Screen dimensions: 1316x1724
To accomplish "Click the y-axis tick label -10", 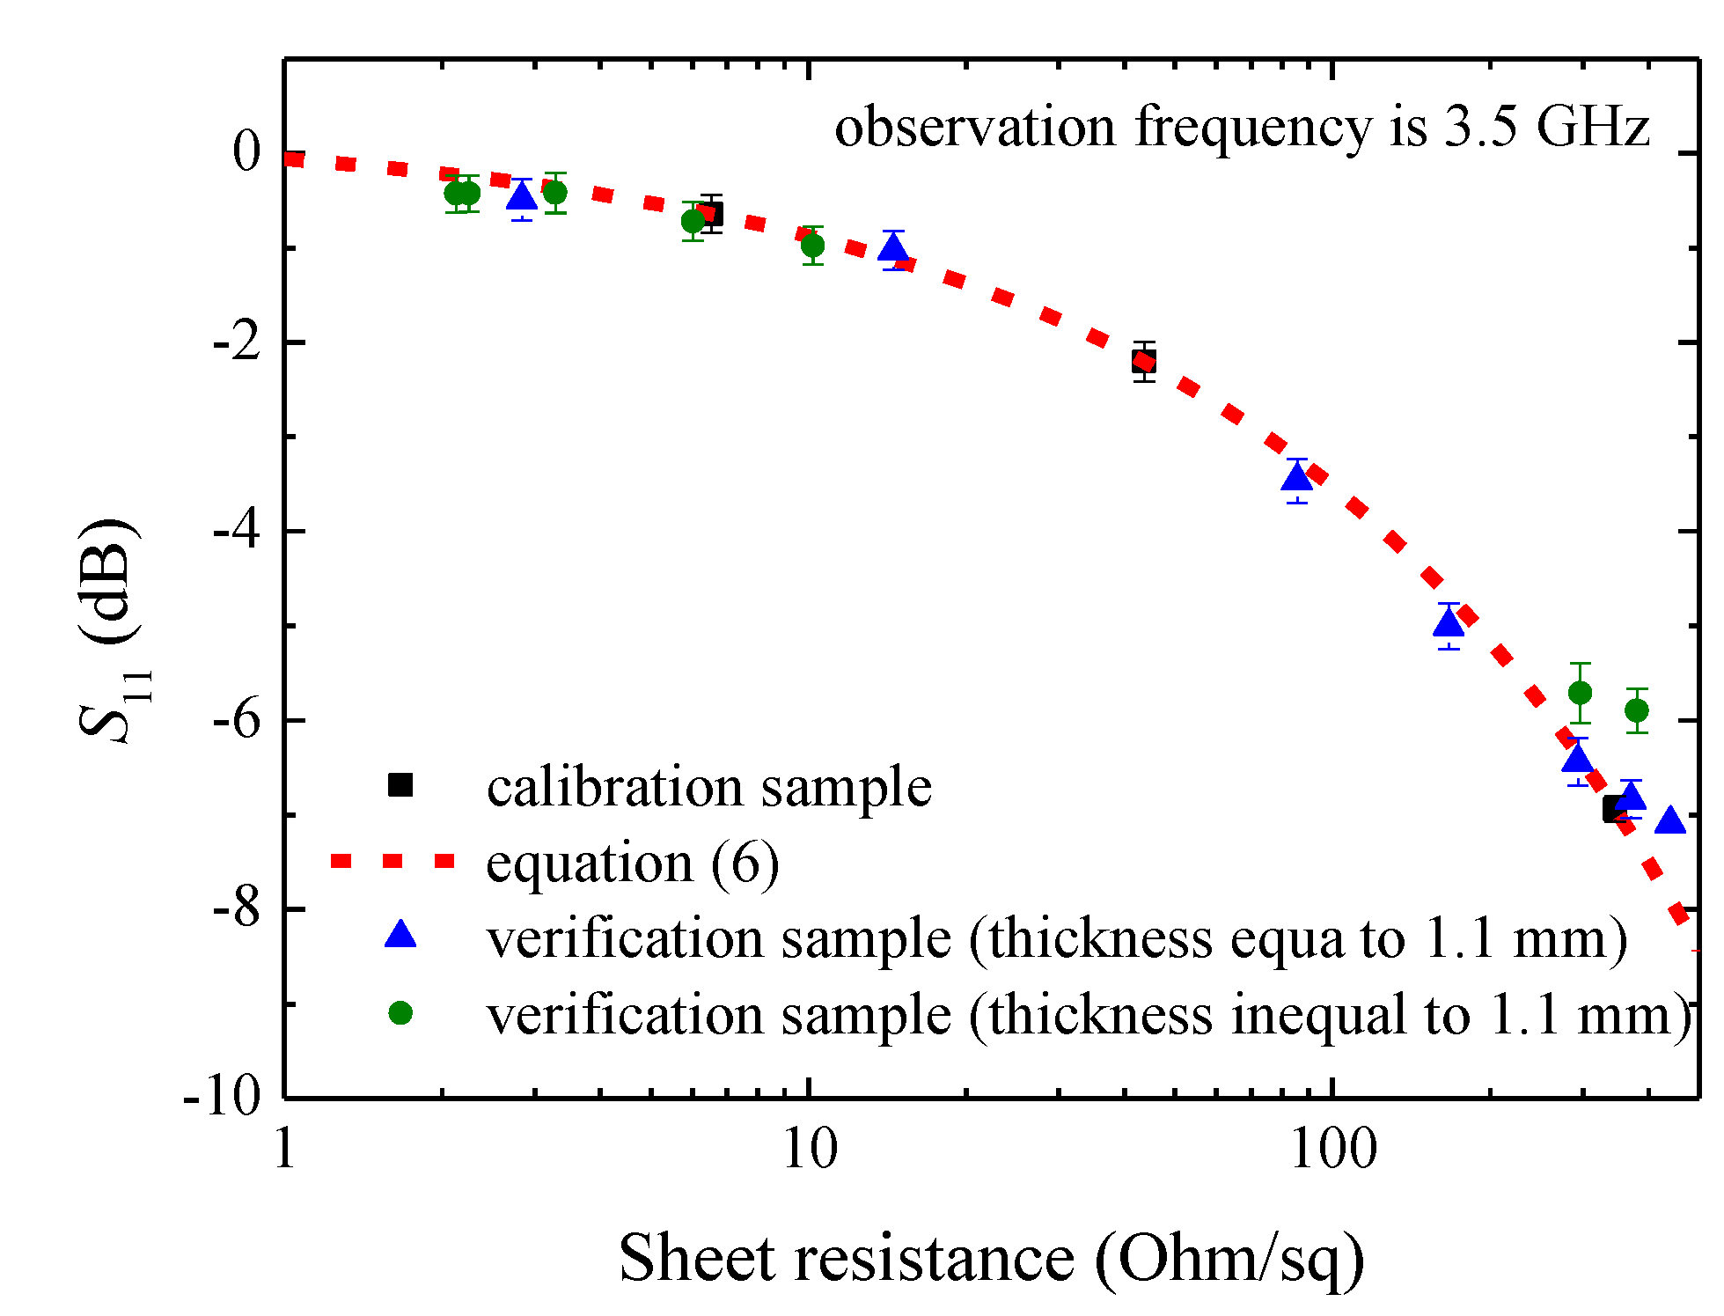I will [x=223, y=1097].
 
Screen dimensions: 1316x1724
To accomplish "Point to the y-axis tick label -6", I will [x=236, y=720].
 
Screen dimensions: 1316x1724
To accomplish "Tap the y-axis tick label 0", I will [x=247, y=151].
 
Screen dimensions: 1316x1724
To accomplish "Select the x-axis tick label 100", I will [x=1332, y=1150].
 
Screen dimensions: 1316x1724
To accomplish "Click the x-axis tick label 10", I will [x=810, y=1150].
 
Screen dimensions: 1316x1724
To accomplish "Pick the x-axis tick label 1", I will [x=284, y=1150].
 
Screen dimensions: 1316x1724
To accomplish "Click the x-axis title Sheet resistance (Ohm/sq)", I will [x=992, y=1258].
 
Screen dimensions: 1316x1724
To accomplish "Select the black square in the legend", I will [x=400, y=784].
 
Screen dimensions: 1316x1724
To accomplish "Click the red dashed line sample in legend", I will [x=392, y=861].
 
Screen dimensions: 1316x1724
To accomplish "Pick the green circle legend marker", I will [x=400, y=1013].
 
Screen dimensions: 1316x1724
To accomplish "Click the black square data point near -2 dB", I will [x=1143, y=361].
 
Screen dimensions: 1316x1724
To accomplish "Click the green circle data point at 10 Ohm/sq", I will [x=813, y=245].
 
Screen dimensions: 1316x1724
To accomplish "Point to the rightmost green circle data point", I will [x=1637, y=710].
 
